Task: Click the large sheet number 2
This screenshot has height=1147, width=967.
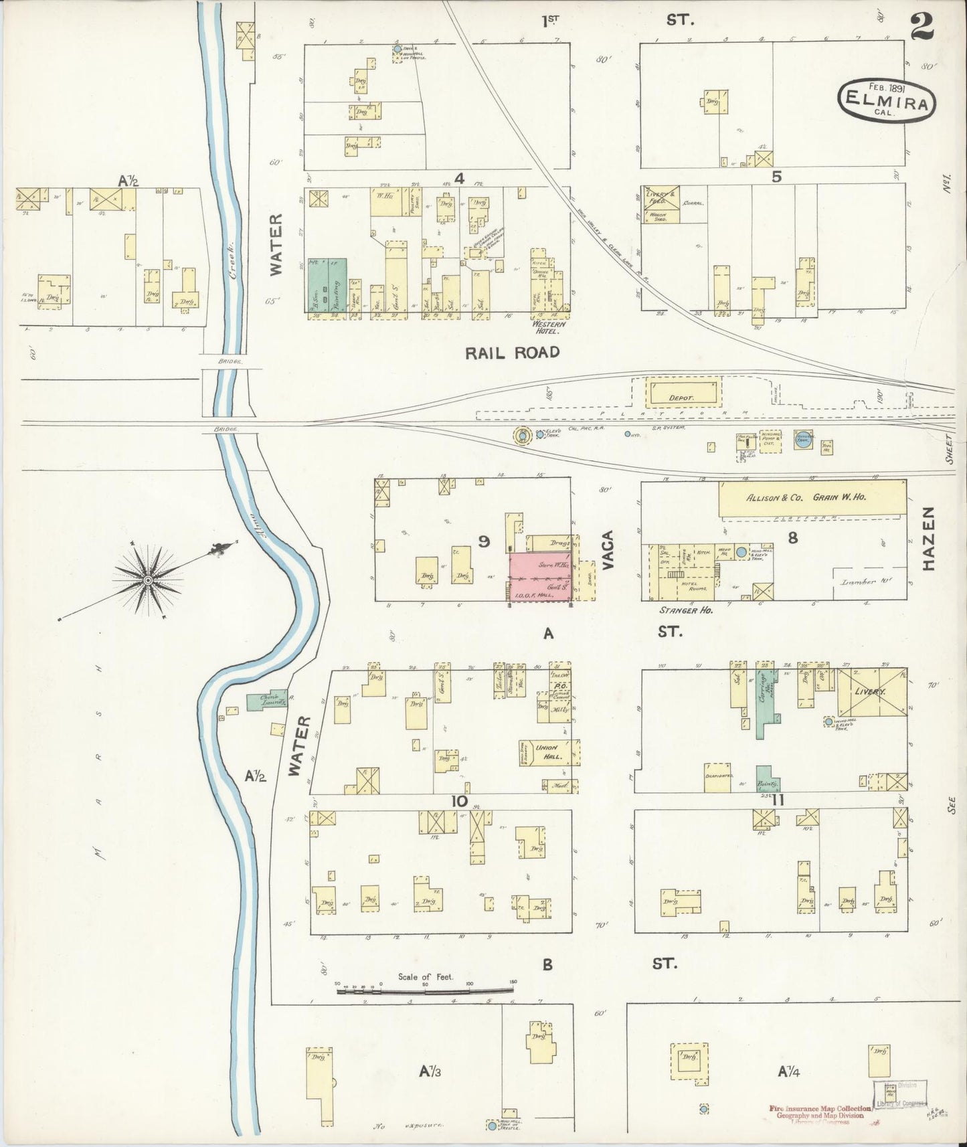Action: pos(923,27)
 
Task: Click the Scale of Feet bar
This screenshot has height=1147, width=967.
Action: pos(426,990)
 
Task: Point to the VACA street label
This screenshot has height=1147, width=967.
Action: pos(608,550)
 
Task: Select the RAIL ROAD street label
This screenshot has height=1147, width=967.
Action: pos(512,353)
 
